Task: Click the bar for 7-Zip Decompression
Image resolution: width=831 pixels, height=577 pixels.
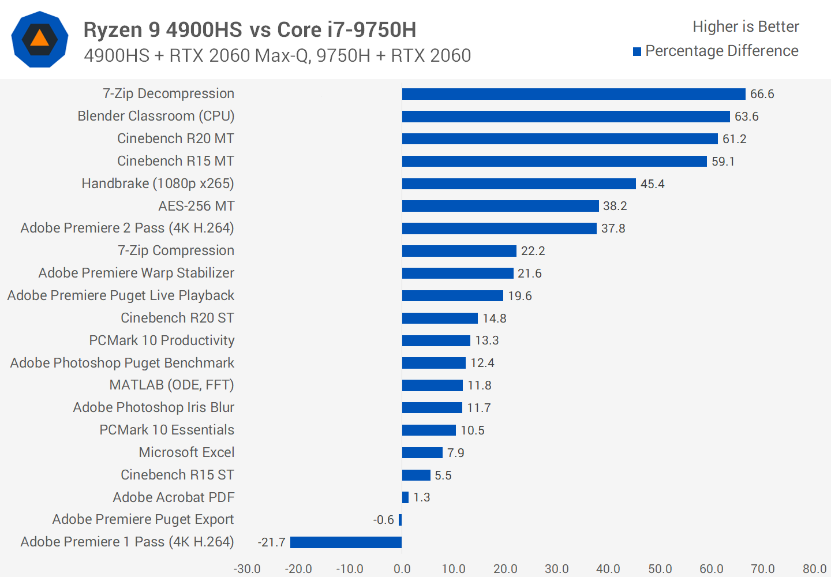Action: (x=574, y=94)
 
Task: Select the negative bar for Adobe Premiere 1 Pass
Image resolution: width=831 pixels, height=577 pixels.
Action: (x=346, y=542)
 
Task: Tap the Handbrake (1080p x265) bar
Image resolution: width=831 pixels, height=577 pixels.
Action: (x=519, y=183)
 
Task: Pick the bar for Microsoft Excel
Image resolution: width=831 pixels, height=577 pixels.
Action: (x=422, y=453)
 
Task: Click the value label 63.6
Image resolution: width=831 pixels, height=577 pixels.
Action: (x=746, y=117)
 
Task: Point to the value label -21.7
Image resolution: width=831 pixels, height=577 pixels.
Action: (x=272, y=542)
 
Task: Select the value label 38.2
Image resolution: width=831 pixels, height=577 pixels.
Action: (x=615, y=206)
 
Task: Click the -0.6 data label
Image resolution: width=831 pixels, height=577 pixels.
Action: (x=383, y=520)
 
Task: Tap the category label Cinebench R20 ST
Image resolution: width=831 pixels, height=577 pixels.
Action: (x=177, y=318)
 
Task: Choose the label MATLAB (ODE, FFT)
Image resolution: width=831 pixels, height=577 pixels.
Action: (x=171, y=385)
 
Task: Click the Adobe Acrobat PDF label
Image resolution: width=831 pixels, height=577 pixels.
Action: (x=173, y=497)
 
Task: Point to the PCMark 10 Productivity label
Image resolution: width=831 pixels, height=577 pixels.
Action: (x=162, y=340)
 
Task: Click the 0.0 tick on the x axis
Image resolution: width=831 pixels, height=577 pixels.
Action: (x=402, y=569)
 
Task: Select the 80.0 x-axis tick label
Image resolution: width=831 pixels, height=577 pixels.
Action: (x=814, y=569)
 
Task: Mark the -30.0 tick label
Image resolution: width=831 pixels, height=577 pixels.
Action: (x=247, y=569)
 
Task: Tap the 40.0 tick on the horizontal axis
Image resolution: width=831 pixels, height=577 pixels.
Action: (x=608, y=569)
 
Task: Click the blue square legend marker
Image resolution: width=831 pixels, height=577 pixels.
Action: (x=637, y=52)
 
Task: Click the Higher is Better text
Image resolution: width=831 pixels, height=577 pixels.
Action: (x=746, y=27)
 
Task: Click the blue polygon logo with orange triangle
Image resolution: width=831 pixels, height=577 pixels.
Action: (x=40, y=39)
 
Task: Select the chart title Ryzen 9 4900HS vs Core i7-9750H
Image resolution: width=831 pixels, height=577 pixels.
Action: (x=250, y=29)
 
